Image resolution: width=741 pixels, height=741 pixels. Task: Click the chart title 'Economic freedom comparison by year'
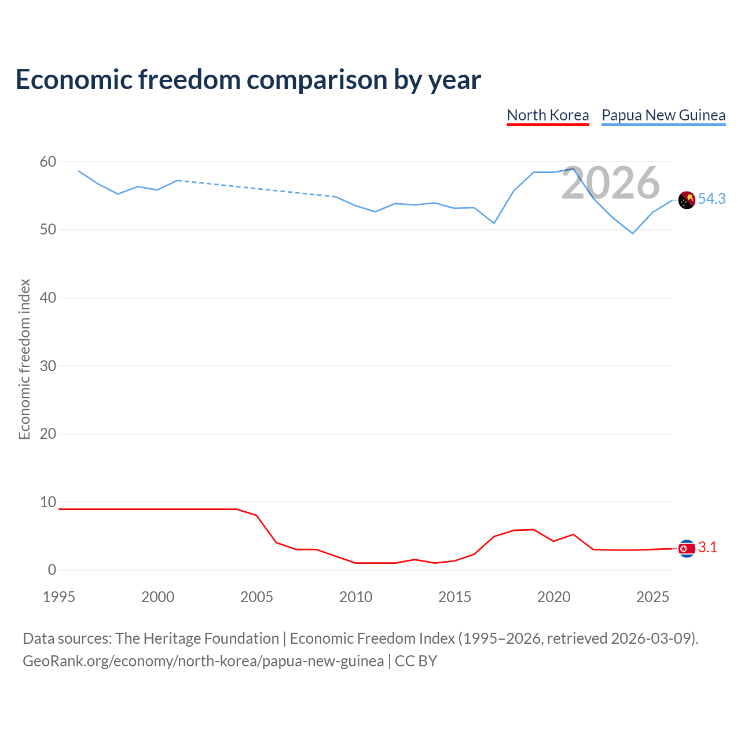(248, 79)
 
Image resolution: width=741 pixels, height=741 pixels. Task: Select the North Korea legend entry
(547, 116)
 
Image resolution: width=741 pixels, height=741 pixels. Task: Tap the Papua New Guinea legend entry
(663, 116)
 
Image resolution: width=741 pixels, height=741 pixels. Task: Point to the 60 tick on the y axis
(48, 162)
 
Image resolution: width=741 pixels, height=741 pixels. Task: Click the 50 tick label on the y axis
(48, 230)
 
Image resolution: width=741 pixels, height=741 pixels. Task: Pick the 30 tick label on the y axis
(48, 366)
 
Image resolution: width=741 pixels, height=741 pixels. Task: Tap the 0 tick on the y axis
(52, 570)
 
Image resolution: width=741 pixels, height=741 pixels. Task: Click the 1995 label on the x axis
(59, 597)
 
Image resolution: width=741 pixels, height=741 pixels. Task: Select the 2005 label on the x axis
(256, 597)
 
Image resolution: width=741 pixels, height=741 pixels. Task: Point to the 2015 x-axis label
(454, 597)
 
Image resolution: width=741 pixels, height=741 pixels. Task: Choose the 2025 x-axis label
(652, 597)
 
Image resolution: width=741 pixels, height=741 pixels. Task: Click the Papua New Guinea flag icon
(687, 200)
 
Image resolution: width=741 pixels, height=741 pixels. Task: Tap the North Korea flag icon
(687, 548)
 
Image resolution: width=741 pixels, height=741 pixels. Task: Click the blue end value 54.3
(711, 199)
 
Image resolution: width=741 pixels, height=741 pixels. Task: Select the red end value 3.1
(707, 547)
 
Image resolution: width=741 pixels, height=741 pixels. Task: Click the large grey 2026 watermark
(610, 183)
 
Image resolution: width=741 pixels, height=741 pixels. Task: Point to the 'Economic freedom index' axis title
(24, 359)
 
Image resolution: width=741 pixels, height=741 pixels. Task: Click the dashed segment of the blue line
(257, 188)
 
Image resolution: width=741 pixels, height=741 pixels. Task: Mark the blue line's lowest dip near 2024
(633, 233)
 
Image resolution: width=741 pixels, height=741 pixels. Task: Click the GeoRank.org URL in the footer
(203, 661)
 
